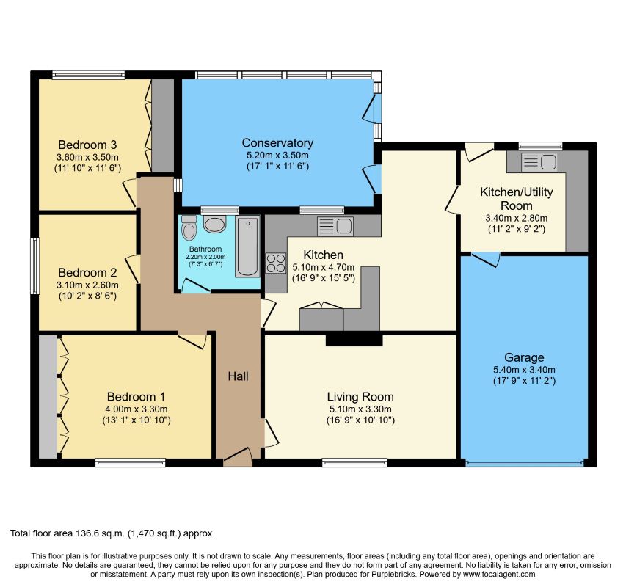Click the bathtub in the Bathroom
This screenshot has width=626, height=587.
[x=247, y=247]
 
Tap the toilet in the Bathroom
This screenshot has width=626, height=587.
[x=189, y=227]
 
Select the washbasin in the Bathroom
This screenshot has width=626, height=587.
[x=215, y=224]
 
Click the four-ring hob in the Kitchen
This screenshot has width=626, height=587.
[x=276, y=263]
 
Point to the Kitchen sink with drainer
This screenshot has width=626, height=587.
[x=335, y=226]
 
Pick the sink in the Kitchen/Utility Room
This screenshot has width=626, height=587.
[x=539, y=162]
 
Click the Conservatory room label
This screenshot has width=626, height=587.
[x=277, y=143]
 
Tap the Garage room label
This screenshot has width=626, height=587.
[x=524, y=357]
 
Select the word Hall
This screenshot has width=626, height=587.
[x=238, y=376]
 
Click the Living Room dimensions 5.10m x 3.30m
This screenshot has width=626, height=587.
[x=360, y=409]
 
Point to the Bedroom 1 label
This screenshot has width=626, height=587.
[x=136, y=397]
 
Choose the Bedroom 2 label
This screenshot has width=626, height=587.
[x=87, y=272]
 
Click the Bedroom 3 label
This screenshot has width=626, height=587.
[x=87, y=145]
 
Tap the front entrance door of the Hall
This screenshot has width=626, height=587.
[x=238, y=457]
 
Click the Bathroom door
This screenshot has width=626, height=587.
[x=196, y=286]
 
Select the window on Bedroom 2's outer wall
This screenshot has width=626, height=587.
[x=35, y=266]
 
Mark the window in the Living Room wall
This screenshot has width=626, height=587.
[x=354, y=463]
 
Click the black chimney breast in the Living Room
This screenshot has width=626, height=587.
[x=354, y=340]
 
